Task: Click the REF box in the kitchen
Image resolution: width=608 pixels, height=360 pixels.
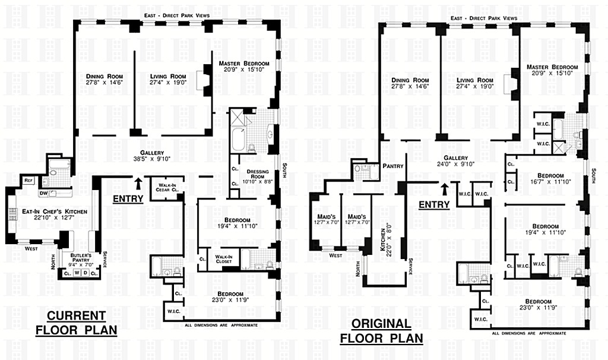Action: [28, 181]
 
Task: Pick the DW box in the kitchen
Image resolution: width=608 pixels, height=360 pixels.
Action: [43, 192]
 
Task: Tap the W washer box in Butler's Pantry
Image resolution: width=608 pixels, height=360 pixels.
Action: [77, 273]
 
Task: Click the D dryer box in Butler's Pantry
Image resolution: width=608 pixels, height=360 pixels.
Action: [86, 273]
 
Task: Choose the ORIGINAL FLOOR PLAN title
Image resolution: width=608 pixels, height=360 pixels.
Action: [381, 330]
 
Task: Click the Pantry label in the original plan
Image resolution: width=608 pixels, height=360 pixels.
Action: [393, 166]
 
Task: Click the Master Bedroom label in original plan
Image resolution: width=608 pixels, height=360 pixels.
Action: [552, 70]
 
